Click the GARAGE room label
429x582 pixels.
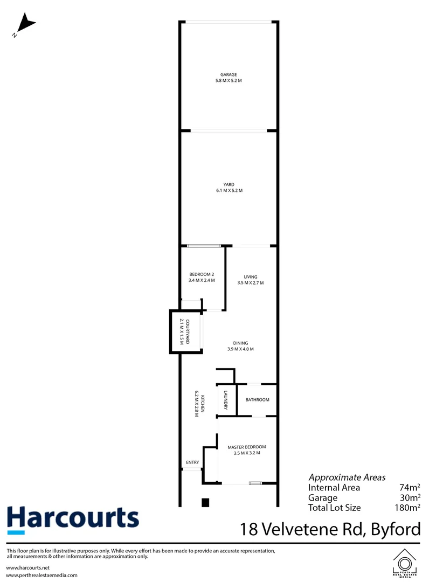click(229, 74)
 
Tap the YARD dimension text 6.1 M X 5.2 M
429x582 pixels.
click(229, 190)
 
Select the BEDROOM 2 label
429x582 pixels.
click(202, 274)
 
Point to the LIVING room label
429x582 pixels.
click(250, 277)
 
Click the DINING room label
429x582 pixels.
click(240, 343)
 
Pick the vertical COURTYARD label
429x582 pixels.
click(188, 332)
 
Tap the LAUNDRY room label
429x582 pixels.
click(226, 400)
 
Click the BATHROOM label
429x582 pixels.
click(257, 400)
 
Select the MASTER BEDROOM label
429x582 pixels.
click(247, 447)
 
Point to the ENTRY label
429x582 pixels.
click(192, 462)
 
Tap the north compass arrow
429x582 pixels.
click(25, 25)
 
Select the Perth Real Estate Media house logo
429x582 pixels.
click(405, 563)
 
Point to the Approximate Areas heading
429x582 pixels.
click(347, 477)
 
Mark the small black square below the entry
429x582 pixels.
click(205, 502)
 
